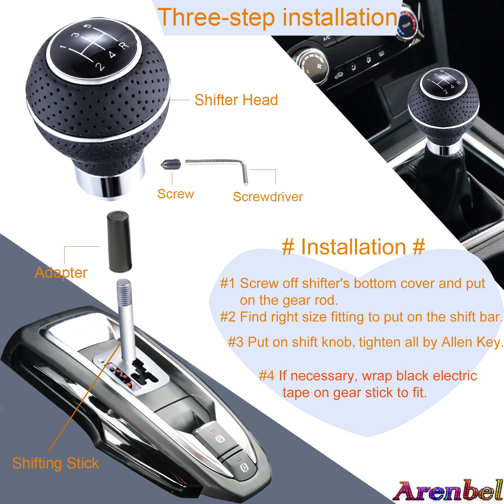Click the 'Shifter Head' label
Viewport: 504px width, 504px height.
point(236,100)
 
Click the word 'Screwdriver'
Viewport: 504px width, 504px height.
point(268,197)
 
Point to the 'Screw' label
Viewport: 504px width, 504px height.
point(175,194)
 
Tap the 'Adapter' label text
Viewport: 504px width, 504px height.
point(61,273)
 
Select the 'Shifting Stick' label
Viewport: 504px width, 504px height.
point(55,463)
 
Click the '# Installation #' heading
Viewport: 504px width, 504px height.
point(353,247)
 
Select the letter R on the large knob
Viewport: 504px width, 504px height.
point(124,45)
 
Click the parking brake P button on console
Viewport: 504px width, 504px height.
point(219,439)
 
